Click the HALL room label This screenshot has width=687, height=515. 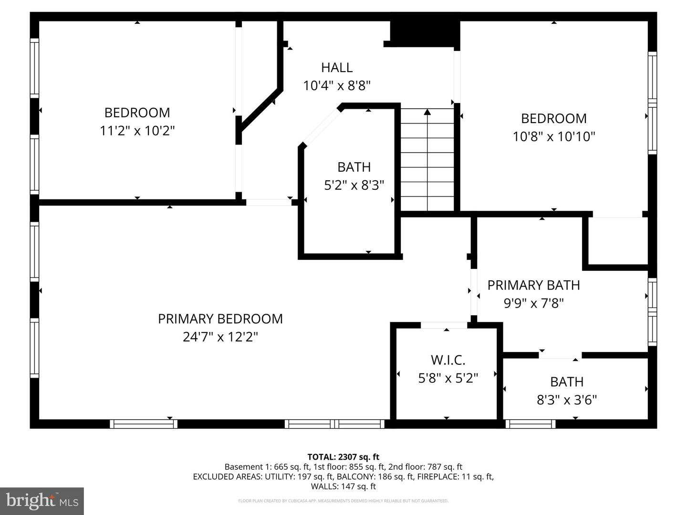pyautogui.click(x=337, y=68)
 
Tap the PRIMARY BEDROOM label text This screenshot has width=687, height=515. pyautogui.click(x=220, y=319)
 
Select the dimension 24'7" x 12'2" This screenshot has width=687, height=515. pyautogui.click(x=220, y=337)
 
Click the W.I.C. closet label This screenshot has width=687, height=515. pyautogui.click(x=448, y=360)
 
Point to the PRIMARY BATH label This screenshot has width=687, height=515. pyautogui.click(x=533, y=285)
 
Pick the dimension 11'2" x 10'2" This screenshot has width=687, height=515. pyautogui.click(x=137, y=131)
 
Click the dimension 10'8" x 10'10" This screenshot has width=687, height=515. pyautogui.click(x=554, y=137)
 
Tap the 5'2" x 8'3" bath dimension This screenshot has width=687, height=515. pyautogui.click(x=354, y=185)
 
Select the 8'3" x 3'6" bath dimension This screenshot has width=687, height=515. pyautogui.click(x=567, y=400)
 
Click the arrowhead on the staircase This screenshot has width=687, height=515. pyautogui.click(x=427, y=113)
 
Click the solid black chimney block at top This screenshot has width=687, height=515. pyautogui.click(x=425, y=33)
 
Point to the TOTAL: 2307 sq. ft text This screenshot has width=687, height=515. pyautogui.click(x=343, y=457)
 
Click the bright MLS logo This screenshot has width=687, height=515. pyautogui.click(x=42, y=501)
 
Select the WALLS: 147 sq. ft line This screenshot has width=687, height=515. pyautogui.click(x=343, y=486)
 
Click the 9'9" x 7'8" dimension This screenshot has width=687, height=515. pyautogui.click(x=533, y=303)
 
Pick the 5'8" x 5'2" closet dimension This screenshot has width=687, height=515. pyautogui.click(x=448, y=378)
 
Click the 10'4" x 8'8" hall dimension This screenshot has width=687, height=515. pyautogui.click(x=337, y=86)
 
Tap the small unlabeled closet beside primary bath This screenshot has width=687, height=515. pyautogui.click(x=617, y=241)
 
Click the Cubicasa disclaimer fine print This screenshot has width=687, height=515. pyautogui.click(x=343, y=501)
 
